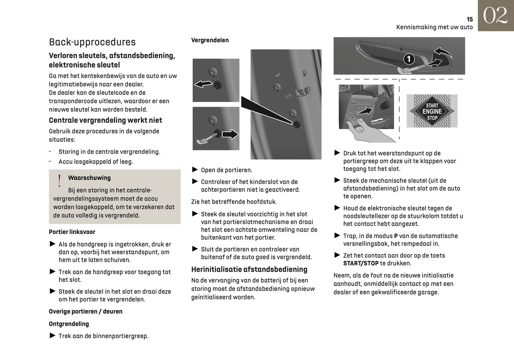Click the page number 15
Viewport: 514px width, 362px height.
[x=470, y=20]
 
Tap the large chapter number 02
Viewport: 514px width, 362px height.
[x=495, y=16]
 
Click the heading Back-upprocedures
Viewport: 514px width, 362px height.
[x=92, y=42]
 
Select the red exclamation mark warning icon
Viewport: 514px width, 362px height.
[x=59, y=181]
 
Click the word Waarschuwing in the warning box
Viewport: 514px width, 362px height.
[x=89, y=178]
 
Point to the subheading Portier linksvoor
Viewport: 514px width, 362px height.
[x=72, y=232]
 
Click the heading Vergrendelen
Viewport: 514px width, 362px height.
[x=210, y=40]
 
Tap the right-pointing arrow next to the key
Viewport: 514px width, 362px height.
[x=230, y=134]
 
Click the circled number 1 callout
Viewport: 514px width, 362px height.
[x=409, y=59]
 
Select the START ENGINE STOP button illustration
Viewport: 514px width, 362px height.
[x=432, y=111]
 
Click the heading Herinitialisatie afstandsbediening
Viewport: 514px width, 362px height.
[x=249, y=269]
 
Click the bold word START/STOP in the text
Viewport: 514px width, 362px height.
[x=361, y=263]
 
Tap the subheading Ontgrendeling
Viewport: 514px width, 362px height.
[x=69, y=324]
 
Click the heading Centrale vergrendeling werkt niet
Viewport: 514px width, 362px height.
[x=105, y=120]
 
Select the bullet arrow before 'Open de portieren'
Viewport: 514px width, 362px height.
[x=195, y=170]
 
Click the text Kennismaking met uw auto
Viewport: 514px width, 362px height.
[x=434, y=27]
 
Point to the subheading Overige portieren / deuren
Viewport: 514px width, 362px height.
[x=85, y=311]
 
